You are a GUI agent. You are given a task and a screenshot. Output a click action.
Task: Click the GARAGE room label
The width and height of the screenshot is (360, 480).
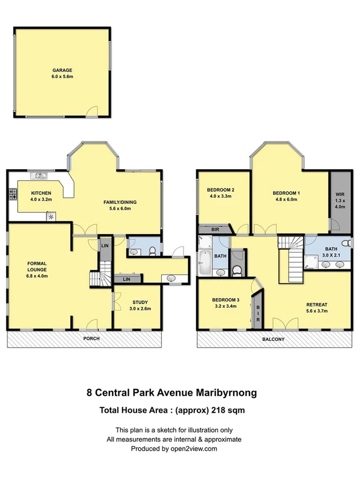point(62,70)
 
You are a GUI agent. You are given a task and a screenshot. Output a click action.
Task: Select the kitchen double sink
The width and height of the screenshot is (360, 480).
point(39,175)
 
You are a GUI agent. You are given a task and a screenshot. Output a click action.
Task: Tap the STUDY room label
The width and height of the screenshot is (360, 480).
point(140,302)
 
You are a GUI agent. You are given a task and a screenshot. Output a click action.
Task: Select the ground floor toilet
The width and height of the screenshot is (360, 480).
point(153,250)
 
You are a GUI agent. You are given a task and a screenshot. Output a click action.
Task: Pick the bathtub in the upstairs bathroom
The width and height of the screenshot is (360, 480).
point(205,263)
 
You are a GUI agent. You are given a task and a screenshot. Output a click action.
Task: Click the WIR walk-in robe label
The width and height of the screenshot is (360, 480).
point(340,195)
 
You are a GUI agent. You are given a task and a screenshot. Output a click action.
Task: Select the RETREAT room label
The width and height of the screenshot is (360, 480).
point(317,305)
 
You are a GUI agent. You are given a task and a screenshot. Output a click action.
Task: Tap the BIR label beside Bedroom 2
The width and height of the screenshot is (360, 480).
point(215,229)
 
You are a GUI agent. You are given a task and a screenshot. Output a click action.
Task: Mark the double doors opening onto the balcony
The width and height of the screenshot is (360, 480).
point(285,324)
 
